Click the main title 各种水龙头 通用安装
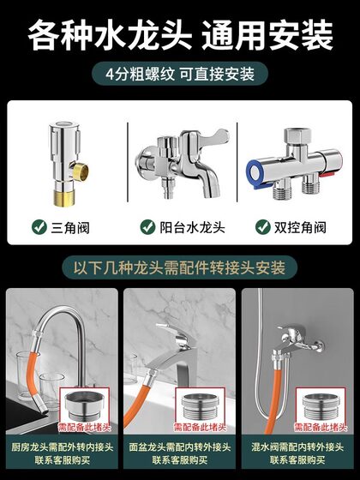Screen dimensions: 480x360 180,36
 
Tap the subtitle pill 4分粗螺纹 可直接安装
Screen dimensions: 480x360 179,75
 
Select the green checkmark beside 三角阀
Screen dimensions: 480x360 39,228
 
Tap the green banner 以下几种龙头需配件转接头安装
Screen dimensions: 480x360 179,267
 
